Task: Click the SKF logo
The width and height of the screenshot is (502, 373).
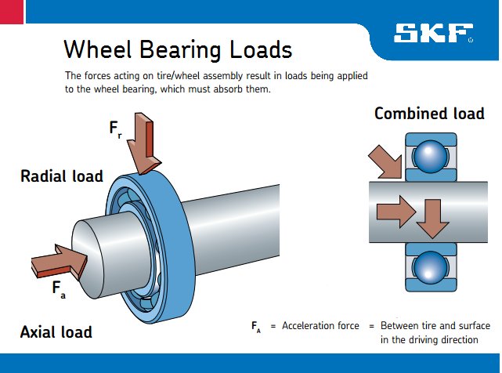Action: coord(433,33)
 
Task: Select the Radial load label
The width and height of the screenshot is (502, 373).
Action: coord(61,176)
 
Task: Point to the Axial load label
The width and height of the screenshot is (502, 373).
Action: coord(56,331)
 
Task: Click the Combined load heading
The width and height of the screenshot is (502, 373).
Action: coord(428,114)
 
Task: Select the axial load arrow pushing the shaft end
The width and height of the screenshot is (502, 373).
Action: coord(59,260)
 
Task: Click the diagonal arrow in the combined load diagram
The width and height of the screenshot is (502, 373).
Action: coord(387,161)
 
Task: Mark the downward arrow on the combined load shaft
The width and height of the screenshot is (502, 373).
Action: coord(432,217)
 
